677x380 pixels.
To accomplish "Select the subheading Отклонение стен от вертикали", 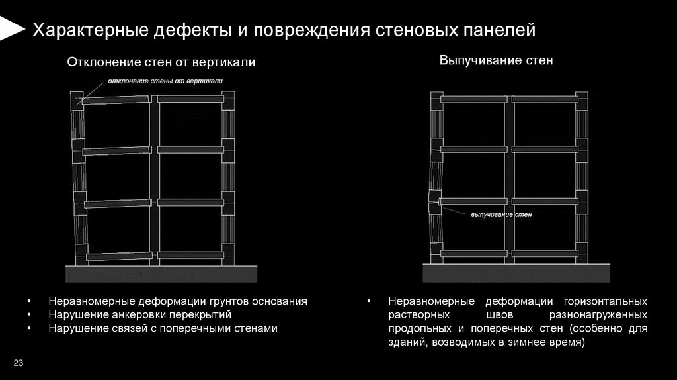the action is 161,62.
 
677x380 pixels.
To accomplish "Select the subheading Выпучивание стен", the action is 496,60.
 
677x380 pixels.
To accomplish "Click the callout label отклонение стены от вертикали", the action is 161,81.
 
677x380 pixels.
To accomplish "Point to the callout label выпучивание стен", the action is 500,215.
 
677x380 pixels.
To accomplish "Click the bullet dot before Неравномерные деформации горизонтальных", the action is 370,301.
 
